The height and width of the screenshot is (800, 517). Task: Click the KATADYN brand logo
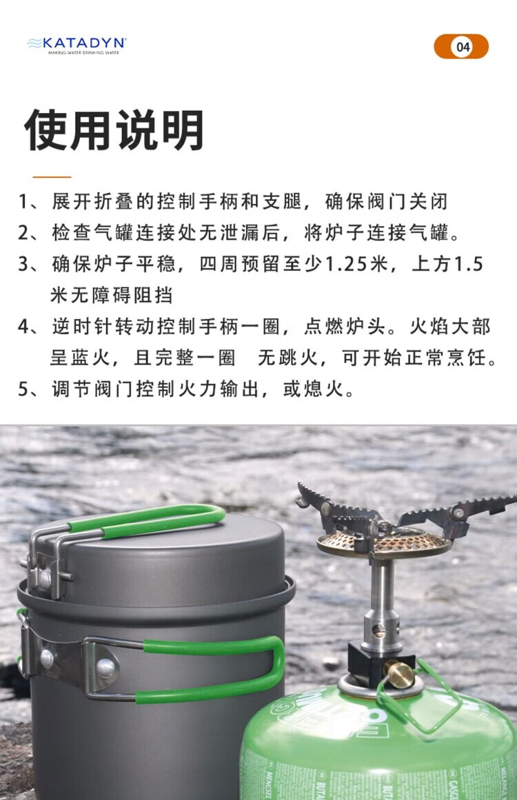tap(77, 45)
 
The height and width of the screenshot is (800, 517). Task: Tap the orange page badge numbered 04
tap(461, 46)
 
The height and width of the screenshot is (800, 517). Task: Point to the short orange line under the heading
tap(52, 177)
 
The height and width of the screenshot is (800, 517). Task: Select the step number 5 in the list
tap(24, 389)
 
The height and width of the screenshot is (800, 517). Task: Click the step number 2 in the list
tap(24, 233)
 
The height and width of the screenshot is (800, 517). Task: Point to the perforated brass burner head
tap(384, 542)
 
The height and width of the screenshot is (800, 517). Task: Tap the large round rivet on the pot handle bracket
tap(105, 668)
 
